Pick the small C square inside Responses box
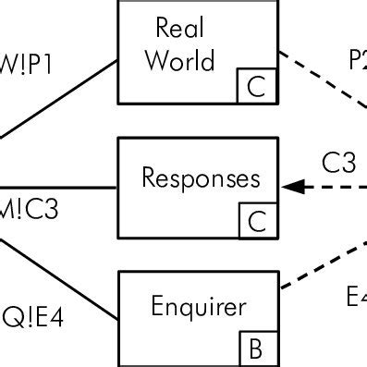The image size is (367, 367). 256,220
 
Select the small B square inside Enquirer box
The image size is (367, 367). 256,349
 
